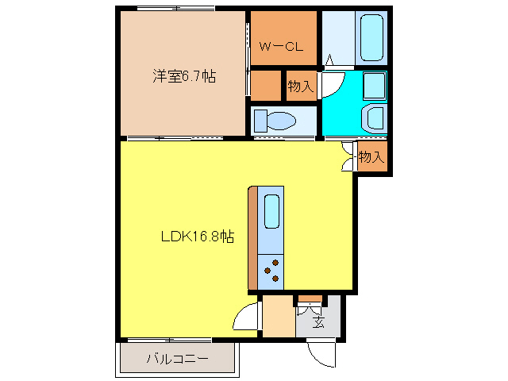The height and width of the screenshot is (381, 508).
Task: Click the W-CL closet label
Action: pyautogui.click(x=282, y=46)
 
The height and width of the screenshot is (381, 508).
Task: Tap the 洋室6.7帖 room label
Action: pyautogui.click(x=184, y=77)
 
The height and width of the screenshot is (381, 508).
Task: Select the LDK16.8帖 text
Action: pyautogui.click(x=198, y=236)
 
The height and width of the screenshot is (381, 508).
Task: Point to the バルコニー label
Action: pyautogui.click(x=177, y=359)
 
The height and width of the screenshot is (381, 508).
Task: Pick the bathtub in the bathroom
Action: pyautogui.click(x=371, y=37)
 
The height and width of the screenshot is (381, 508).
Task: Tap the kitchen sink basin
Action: pyautogui.click(x=271, y=210)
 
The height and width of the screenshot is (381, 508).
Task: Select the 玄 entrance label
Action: pyautogui.click(x=317, y=321)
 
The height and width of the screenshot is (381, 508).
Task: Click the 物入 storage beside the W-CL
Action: pyautogui.click(x=300, y=86)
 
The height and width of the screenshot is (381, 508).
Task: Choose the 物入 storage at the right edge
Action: pyautogui.click(x=371, y=156)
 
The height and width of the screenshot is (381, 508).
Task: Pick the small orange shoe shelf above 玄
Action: pyautogui.click(x=310, y=299)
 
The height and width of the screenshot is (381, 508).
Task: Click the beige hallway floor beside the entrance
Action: pyautogui.click(x=278, y=317)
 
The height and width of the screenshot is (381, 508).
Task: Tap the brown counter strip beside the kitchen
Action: pyautogui.click(x=252, y=238)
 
